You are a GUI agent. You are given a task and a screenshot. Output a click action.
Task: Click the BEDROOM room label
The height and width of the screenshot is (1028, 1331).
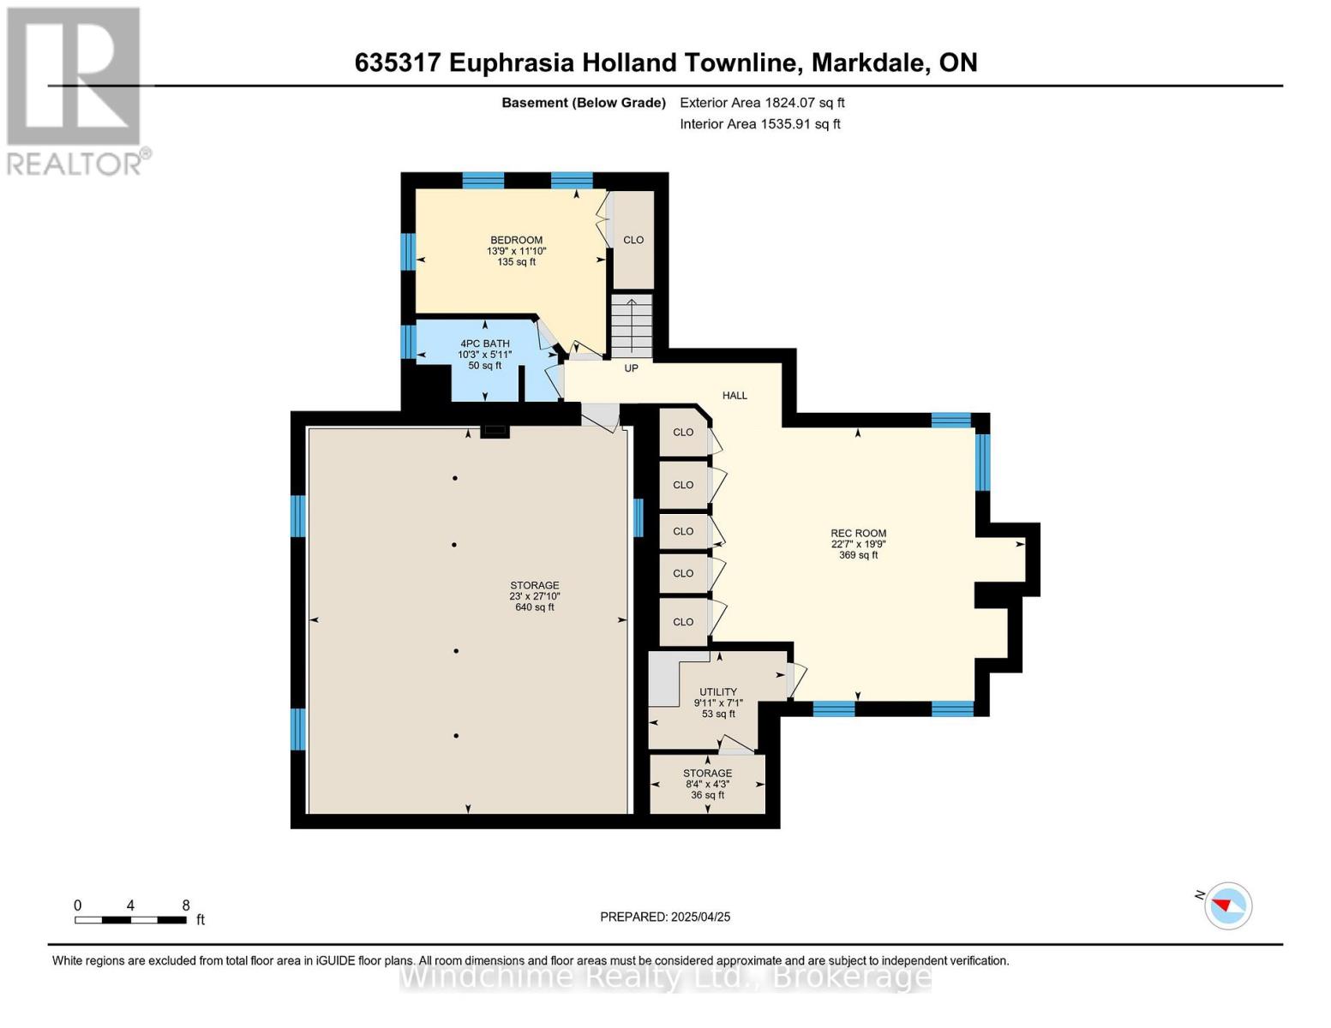coord(516,240)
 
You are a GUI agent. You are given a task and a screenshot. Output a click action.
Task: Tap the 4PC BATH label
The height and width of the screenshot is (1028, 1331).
coord(484,344)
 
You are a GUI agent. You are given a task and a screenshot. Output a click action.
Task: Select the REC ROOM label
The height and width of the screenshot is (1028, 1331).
coord(858,534)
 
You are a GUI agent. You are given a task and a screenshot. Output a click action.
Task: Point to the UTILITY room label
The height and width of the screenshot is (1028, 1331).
coord(718,692)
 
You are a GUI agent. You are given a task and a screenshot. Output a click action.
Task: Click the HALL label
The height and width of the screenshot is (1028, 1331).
coord(734,396)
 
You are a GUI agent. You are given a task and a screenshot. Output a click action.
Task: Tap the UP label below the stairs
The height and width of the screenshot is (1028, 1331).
coord(631,368)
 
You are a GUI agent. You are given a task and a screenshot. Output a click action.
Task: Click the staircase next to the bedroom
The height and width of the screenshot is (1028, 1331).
coord(632,326)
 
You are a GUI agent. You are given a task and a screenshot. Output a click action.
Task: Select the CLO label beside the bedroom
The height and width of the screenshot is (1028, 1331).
coord(633,240)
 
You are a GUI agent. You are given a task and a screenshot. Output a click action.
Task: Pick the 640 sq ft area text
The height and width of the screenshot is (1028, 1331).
coord(534,607)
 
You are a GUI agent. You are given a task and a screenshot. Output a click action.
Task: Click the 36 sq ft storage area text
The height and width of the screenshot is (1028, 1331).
coord(707,795)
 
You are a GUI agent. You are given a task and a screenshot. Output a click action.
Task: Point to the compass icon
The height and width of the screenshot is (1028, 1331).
coord(1227,906)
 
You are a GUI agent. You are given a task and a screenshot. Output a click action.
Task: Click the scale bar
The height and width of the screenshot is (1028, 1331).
coord(130,919)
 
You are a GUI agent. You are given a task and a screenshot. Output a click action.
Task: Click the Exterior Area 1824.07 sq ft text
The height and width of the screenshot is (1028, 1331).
coord(762,103)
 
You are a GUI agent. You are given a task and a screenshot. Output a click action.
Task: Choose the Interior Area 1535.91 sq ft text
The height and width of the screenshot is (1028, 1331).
coord(759,124)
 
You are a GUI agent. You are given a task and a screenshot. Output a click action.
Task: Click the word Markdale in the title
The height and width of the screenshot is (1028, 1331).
coord(868,63)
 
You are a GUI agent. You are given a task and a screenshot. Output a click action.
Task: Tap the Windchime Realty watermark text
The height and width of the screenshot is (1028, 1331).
coord(665,977)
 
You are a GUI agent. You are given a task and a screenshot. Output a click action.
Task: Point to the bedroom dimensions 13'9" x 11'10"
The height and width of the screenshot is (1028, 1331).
coord(516,251)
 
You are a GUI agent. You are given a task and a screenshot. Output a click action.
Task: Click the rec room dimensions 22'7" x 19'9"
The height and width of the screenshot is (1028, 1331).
coord(858,544)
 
